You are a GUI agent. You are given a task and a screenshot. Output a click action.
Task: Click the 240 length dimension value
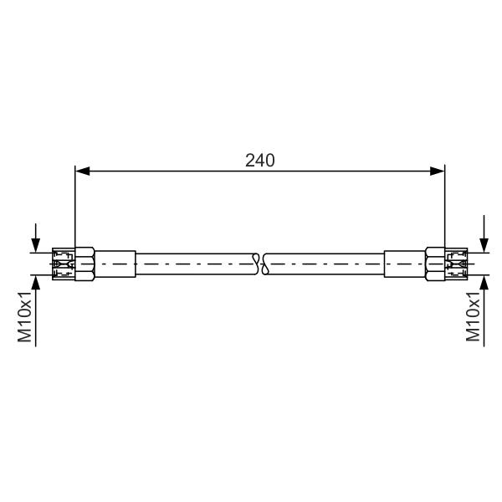259,161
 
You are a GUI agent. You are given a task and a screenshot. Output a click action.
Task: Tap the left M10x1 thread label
24,316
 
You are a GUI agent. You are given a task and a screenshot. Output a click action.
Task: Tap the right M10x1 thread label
473,316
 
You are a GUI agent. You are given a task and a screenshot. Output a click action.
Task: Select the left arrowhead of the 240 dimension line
82,171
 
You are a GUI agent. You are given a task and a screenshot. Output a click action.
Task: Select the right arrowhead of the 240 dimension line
438,171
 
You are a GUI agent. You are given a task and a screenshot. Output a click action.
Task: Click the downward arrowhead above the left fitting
35,245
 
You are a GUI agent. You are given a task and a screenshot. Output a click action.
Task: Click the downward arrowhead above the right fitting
484,245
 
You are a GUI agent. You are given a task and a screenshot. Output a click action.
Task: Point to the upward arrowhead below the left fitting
35,282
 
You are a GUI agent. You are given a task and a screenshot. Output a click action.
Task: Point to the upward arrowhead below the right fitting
484,282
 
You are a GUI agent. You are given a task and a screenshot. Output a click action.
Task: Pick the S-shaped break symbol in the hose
260,264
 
